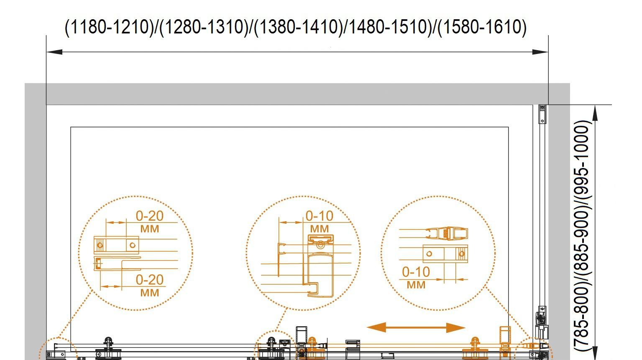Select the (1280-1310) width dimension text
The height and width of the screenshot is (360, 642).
pyautogui.click(x=204, y=27)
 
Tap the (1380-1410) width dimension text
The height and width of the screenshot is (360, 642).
pyautogui.click(x=299, y=27)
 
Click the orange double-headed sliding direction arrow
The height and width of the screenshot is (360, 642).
pyautogui.click(x=416, y=327)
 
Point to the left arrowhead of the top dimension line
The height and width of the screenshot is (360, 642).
pyautogui.click(x=54, y=52)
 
